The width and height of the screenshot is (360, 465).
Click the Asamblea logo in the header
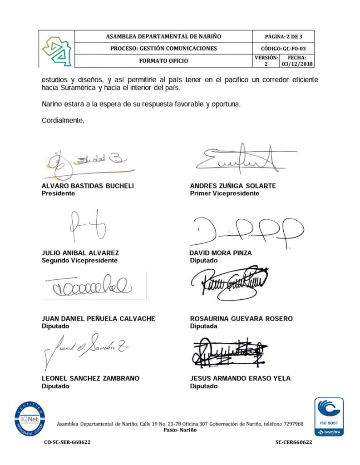click(56, 49)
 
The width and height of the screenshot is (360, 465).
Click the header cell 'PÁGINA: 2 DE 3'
click(283, 36)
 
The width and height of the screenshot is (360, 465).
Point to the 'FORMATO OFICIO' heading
click(163, 61)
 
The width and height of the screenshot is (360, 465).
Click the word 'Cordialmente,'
click(63, 120)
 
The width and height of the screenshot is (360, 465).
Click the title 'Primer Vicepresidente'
click(224, 193)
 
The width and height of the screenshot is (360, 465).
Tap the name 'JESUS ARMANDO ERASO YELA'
click(240, 378)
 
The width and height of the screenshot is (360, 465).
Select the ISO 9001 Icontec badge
click(329, 416)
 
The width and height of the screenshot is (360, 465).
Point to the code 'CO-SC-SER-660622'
click(67, 442)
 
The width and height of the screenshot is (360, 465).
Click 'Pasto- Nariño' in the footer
click(180, 430)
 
